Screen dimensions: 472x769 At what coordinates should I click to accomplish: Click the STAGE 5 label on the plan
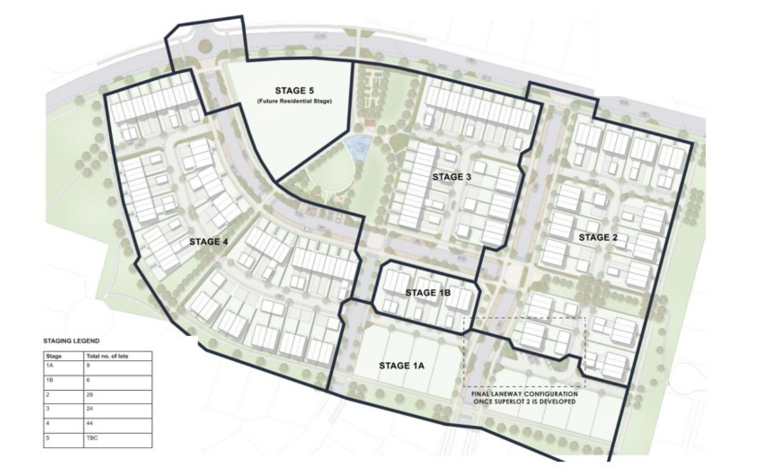(295, 90)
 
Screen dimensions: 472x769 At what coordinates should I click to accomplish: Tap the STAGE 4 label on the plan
(210, 241)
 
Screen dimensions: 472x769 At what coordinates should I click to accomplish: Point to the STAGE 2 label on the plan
(599, 237)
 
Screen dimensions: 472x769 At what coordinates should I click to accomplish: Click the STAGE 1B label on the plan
(429, 293)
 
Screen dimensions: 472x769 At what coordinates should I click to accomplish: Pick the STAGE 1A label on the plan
(402, 366)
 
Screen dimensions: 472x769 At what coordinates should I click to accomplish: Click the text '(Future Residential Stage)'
(295, 102)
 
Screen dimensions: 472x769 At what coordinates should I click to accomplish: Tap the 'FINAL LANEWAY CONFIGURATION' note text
(524, 395)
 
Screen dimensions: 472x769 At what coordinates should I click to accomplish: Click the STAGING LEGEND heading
(71, 341)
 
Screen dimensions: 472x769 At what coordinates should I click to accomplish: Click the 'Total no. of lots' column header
(106, 356)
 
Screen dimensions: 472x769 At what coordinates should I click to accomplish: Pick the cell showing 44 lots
(90, 424)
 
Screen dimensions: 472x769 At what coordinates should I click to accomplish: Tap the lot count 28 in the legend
(90, 395)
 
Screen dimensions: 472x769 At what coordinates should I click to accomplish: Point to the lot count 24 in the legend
(90, 410)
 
